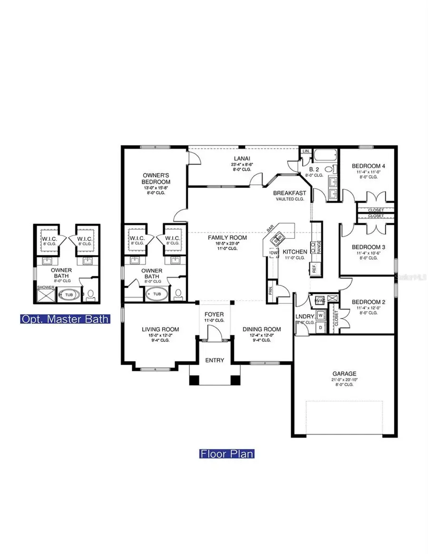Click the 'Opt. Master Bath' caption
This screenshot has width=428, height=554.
tap(65, 319)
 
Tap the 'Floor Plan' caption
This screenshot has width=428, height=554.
tap(226, 454)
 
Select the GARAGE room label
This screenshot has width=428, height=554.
tap(344, 374)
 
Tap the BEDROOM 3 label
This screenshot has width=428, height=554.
tap(368, 247)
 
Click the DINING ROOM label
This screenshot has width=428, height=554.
tap(262, 329)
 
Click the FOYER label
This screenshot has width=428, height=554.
tap(214, 314)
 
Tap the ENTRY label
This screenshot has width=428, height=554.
tap(214, 360)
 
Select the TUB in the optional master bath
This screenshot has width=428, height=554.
tap(69, 295)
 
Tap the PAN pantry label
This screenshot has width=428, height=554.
tap(270, 291)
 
